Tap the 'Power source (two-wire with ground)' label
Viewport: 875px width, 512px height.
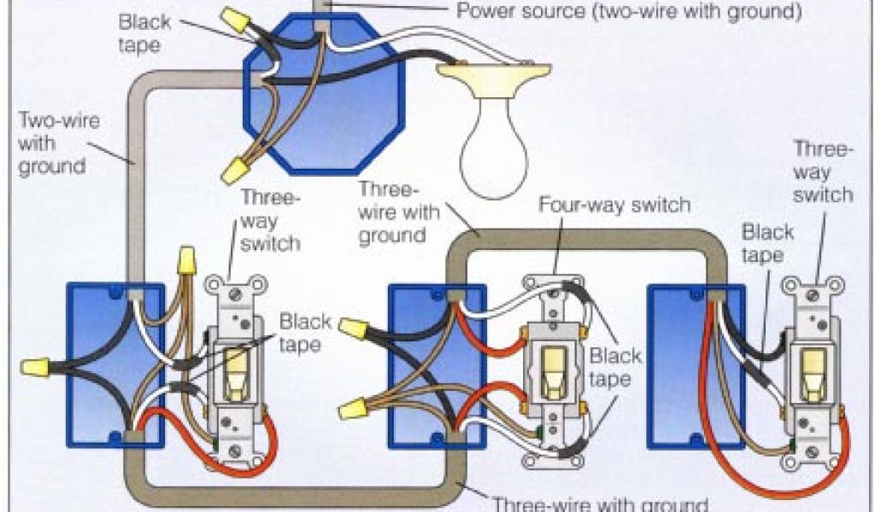[629, 11]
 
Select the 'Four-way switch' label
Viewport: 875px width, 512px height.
[614, 206]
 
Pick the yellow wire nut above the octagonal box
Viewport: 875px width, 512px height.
[232, 19]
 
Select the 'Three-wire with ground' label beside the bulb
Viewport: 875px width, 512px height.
[392, 212]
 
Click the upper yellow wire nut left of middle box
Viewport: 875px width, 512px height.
[354, 326]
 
